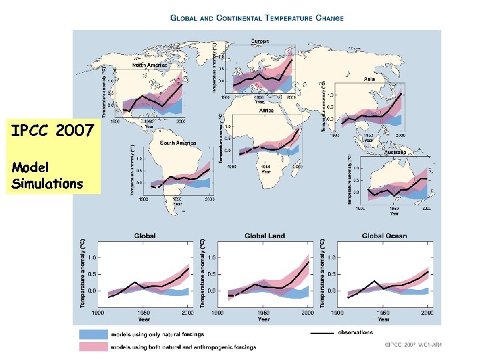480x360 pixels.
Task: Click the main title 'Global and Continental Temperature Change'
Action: coord(257,18)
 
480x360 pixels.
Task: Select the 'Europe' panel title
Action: coord(260,41)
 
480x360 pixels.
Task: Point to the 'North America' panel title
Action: coord(149,65)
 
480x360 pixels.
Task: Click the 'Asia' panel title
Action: coord(369,79)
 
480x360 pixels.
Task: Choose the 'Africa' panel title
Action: coord(266,111)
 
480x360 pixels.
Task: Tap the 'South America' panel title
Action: coord(177,143)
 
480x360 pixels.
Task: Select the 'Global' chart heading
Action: coord(145,235)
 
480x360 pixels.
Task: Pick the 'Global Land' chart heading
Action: coord(265,235)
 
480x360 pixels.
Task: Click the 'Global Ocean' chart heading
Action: coord(384,235)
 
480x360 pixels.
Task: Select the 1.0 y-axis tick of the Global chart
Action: coord(93,257)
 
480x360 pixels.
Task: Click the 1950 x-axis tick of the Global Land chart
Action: coord(264,312)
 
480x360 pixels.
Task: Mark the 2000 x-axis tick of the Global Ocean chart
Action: coord(427,312)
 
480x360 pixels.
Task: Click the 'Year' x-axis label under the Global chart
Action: coord(144,319)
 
